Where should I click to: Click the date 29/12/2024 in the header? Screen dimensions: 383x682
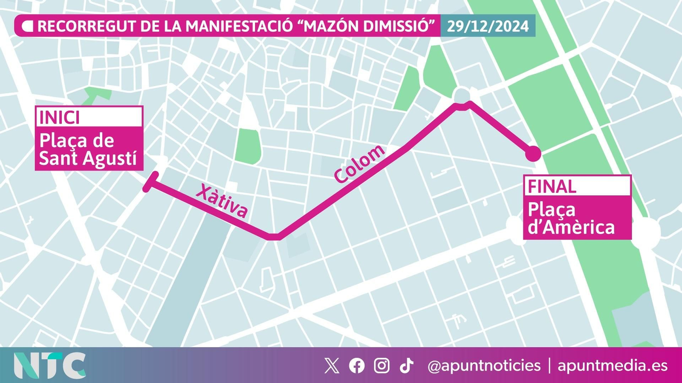[488, 26]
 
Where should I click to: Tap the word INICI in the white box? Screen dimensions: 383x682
[59, 117]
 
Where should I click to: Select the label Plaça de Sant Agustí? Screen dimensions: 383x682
[88, 149]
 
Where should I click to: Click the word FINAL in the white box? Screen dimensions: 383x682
[552, 186]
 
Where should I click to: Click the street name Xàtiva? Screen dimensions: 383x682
[222, 201]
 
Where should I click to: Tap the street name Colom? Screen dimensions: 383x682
[360, 164]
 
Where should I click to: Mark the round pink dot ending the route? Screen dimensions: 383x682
[533, 154]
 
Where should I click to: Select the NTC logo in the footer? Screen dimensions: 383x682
[49, 366]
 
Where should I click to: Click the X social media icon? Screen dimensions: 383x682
[332, 366]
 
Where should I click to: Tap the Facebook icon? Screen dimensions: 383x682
[357, 366]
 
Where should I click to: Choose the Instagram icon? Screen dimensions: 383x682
[381, 366]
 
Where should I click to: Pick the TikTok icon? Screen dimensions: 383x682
[406, 366]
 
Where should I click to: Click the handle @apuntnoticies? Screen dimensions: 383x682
[484, 366]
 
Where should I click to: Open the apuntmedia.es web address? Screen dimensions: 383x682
[613, 366]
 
